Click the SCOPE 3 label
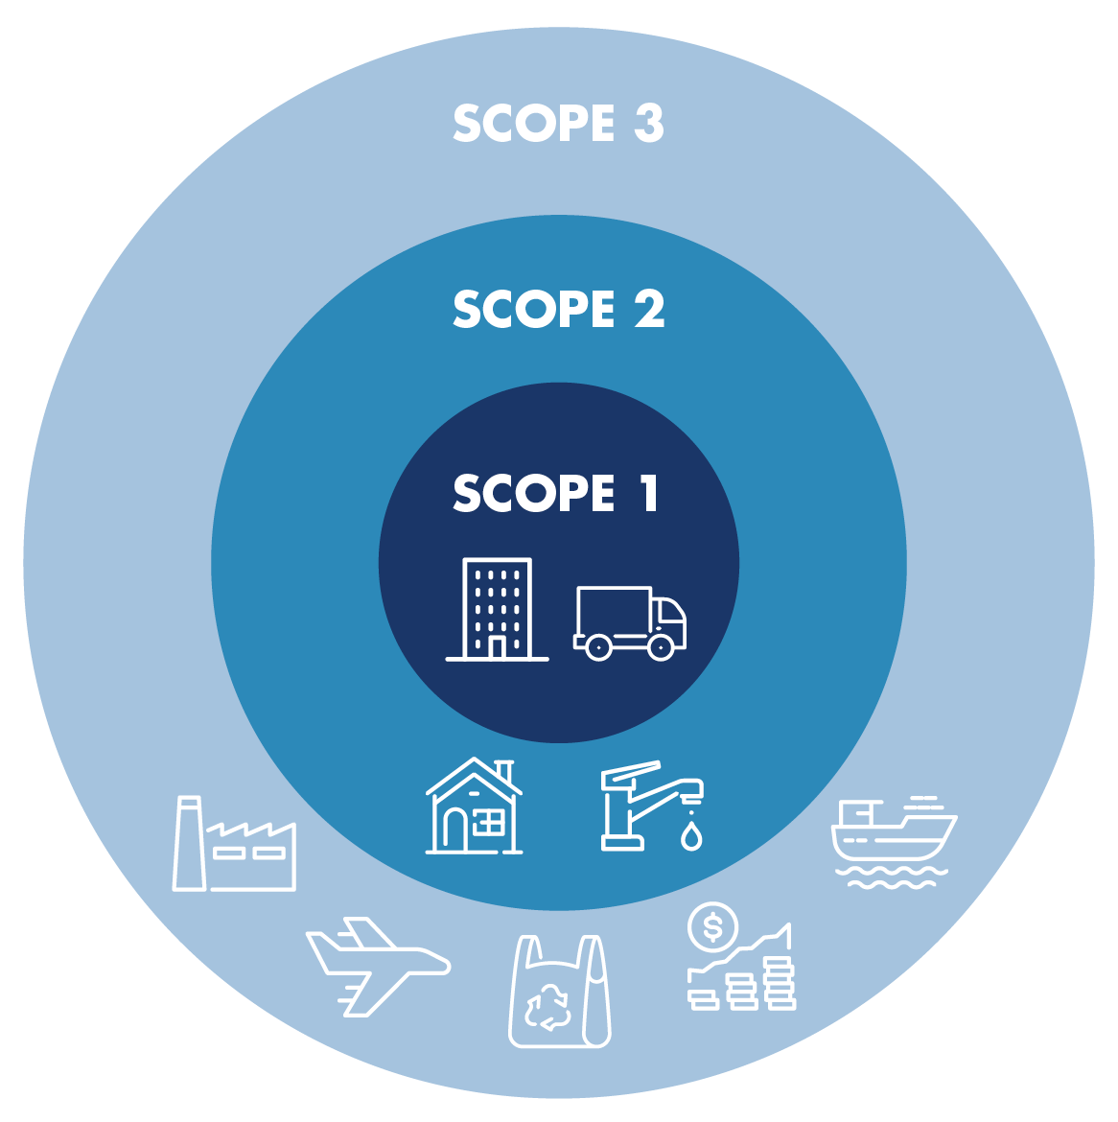(x=558, y=125)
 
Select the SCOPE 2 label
(x=558, y=309)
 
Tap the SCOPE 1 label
(x=556, y=493)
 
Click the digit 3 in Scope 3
(x=649, y=125)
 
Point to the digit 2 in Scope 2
(x=649, y=309)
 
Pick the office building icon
(x=497, y=610)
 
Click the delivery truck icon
(x=630, y=622)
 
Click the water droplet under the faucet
(x=691, y=836)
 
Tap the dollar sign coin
(x=712, y=927)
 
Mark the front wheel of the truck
(x=661, y=647)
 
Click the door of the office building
(x=497, y=647)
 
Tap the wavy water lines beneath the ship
(x=892, y=877)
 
